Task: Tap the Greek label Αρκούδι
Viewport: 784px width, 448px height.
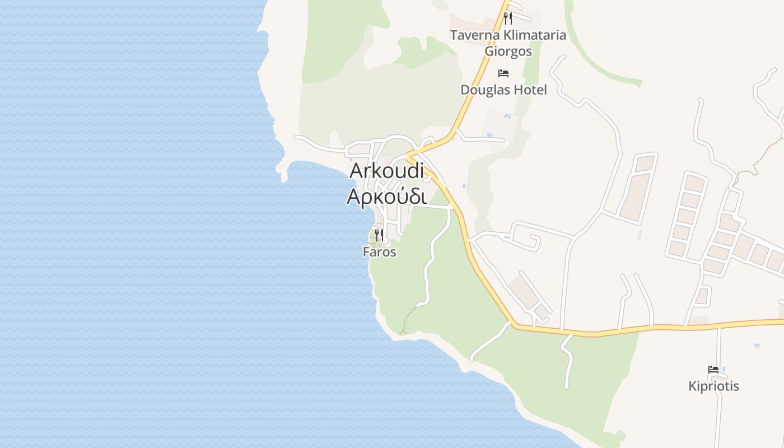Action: pos(386,197)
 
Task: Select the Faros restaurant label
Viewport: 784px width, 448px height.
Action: pos(379,252)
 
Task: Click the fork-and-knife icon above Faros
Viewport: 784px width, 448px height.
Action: pos(379,235)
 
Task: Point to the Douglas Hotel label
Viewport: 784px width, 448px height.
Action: pos(503,90)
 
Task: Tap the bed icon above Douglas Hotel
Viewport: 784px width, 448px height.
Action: pos(503,73)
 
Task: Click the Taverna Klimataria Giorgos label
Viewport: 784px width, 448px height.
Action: pos(508,43)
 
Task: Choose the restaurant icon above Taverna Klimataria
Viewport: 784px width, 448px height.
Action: pos(507,18)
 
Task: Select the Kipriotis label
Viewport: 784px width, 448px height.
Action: pos(713,386)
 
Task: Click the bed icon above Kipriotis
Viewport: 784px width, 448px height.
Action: pos(713,370)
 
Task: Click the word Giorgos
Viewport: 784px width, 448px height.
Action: pos(508,52)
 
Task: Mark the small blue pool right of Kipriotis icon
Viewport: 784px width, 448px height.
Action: pos(724,369)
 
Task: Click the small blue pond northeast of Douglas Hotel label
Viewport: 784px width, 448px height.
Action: pos(507,116)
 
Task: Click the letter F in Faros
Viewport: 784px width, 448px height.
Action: pos(366,252)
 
